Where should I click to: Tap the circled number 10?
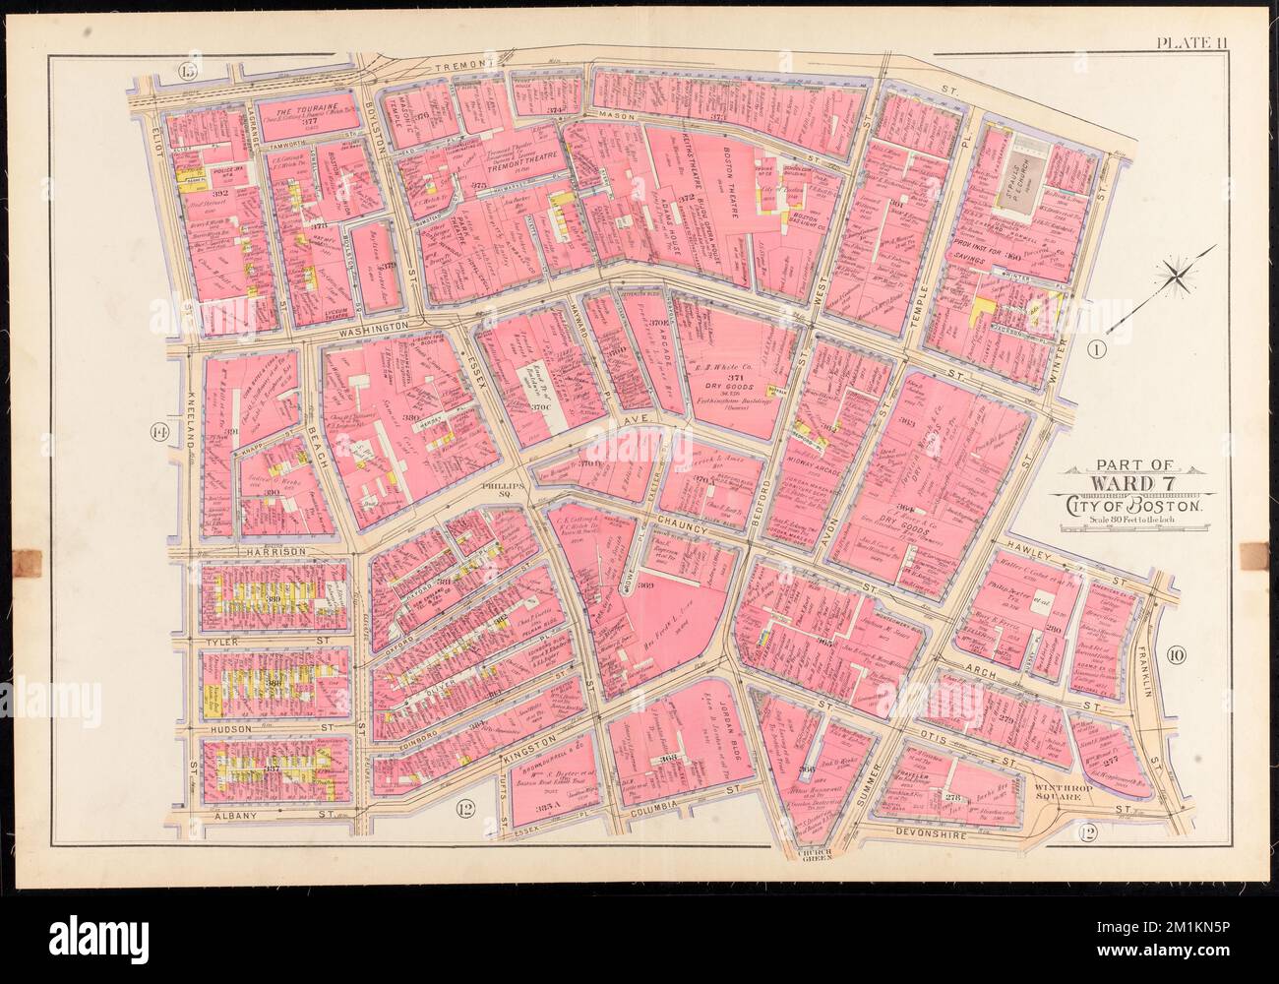click(x=1180, y=656)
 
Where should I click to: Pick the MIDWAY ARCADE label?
click(x=822, y=461)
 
